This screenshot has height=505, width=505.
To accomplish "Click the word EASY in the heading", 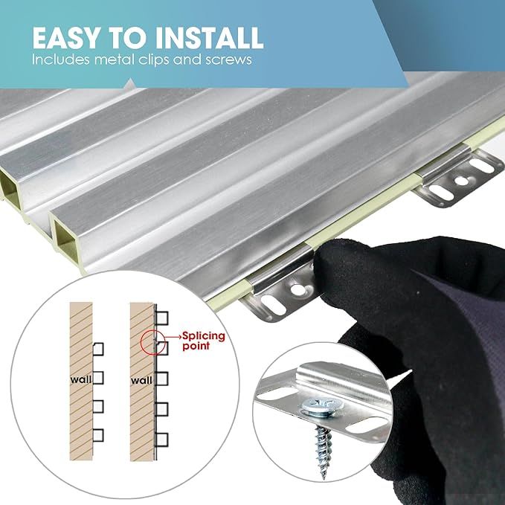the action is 65,38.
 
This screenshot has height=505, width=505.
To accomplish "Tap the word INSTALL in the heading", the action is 209,38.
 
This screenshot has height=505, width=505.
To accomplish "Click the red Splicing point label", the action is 204,341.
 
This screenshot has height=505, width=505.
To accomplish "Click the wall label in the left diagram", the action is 81,380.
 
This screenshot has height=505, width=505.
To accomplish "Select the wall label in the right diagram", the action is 141,381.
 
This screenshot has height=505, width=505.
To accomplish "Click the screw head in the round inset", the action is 321,407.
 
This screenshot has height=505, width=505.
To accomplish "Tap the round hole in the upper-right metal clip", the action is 461,181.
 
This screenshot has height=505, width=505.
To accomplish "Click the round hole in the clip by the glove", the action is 297,289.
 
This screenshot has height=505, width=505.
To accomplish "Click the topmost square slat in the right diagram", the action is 162,318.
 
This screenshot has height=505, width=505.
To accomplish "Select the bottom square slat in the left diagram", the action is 98,435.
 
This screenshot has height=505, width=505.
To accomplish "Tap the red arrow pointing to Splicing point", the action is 173,337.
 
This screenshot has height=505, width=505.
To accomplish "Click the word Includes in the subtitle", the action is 61,59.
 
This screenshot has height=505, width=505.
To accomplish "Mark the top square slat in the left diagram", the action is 98,349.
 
